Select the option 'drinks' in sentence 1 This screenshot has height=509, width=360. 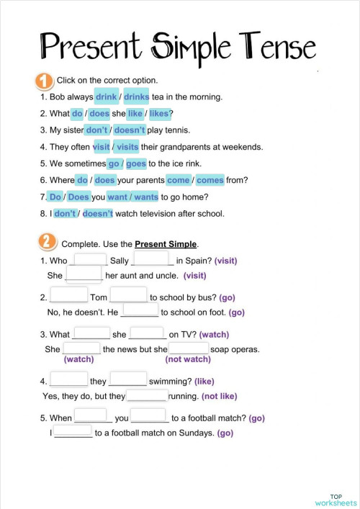pyautogui.click(x=137, y=96)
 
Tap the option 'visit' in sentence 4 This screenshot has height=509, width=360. pyautogui.click(x=101, y=147)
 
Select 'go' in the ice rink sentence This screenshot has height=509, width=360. pyautogui.click(x=114, y=163)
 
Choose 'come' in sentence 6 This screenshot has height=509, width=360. pyautogui.click(x=178, y=180)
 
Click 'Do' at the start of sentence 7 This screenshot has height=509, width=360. pyautogui.click(x=55, y=197)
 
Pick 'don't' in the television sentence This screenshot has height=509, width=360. pyautogui.click(x=65, y=213)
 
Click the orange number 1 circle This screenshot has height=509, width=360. pyautogui.click(x=42, y=80)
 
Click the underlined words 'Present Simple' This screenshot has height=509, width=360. pyautogui.click(x=166, y=244)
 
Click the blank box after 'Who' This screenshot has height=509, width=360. pyautogui.click(x=90, y=260)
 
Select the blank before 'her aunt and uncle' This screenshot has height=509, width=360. pyautogui.click(x=84, y=275)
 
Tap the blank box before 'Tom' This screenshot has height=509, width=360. pyautogui.click(x=68, y=295)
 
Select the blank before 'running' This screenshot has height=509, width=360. pyautogui.click(x=147, y=395)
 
